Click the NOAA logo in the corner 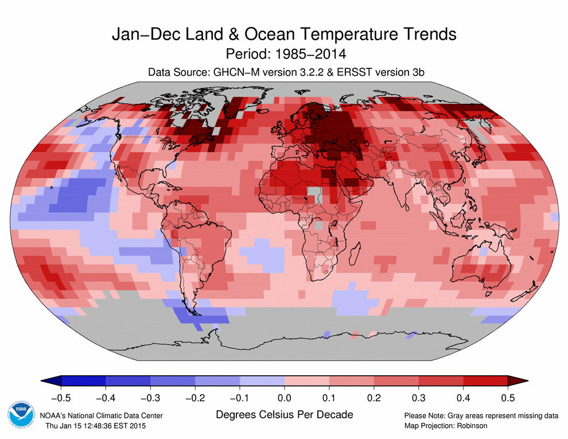click(x=21, y=417)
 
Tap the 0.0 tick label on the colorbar click(x=284, y=397)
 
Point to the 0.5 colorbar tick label click(x=508, y=397)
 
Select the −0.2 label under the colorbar click(x=194, y=397)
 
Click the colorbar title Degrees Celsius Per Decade click(x=285, y=414)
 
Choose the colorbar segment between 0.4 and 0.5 click(x=485, y=380)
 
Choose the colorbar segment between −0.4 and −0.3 click(x=127, y=380)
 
